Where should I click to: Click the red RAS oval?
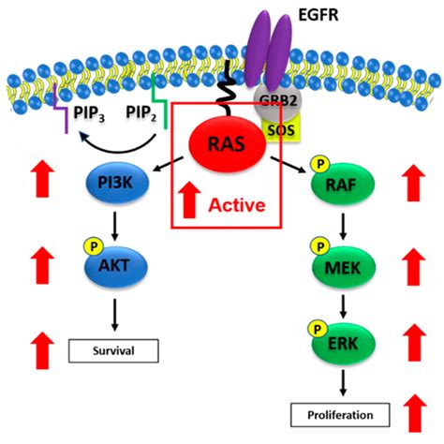[x=226, y=147]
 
